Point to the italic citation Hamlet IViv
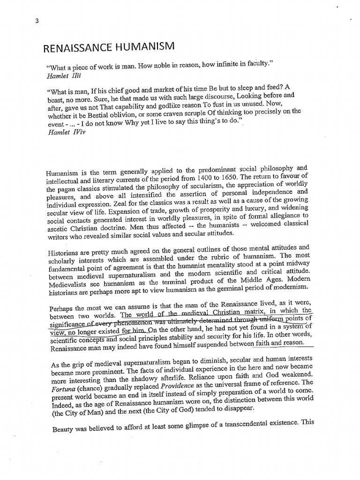pos(65,133)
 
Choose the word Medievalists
pos(67,280)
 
